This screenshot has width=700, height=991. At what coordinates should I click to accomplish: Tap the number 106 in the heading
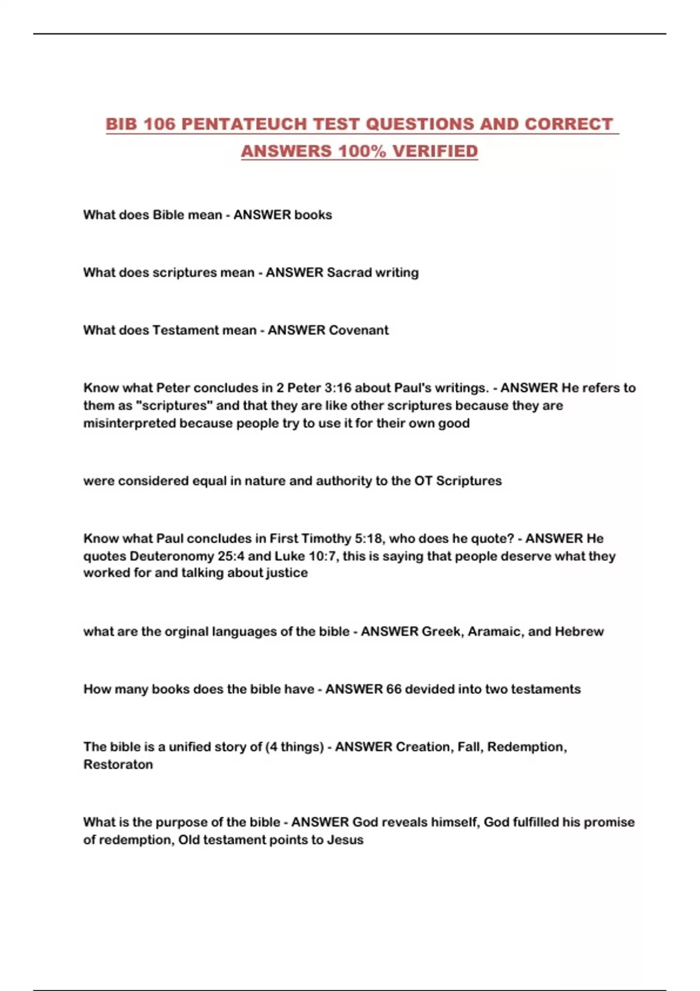[x=159, y=124]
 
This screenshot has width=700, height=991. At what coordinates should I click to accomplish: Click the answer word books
[x=313, y=215]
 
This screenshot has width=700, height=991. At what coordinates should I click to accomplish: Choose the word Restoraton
[x=118, y=765]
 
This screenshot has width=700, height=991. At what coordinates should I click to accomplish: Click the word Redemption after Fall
[x=527, y=747]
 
